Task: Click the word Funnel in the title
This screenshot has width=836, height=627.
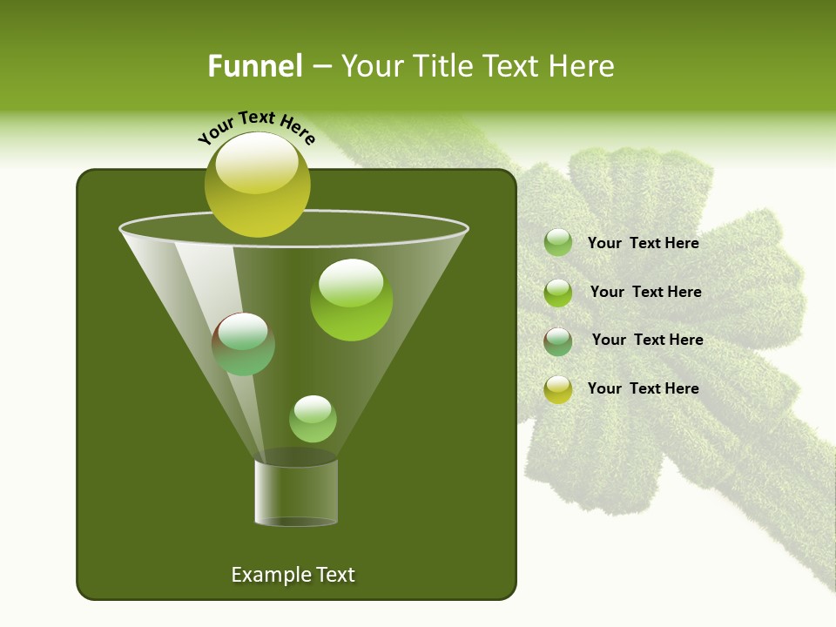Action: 254,66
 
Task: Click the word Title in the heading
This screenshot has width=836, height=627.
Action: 441,66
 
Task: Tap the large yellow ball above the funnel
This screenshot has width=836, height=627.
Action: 257,185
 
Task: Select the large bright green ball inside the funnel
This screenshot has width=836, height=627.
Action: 351,300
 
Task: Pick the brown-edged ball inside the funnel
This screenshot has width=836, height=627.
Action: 243,344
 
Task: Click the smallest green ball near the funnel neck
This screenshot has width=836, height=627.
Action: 313,419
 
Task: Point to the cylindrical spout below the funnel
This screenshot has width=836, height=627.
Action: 296,492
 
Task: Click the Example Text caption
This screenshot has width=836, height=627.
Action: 293,575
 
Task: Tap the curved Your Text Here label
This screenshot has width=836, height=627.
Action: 256,127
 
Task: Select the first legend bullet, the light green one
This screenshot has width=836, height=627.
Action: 558,243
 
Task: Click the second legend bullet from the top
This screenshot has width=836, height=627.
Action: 558,293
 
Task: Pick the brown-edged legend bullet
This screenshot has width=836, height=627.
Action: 558,340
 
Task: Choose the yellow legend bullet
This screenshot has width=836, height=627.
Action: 558,389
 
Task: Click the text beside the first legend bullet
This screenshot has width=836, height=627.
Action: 643,244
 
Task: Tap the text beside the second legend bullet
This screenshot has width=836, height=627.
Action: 645,293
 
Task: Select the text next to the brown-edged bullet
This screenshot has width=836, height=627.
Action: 647,340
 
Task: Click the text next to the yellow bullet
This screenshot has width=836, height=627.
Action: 643,388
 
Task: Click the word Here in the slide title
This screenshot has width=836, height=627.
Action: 582,66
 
